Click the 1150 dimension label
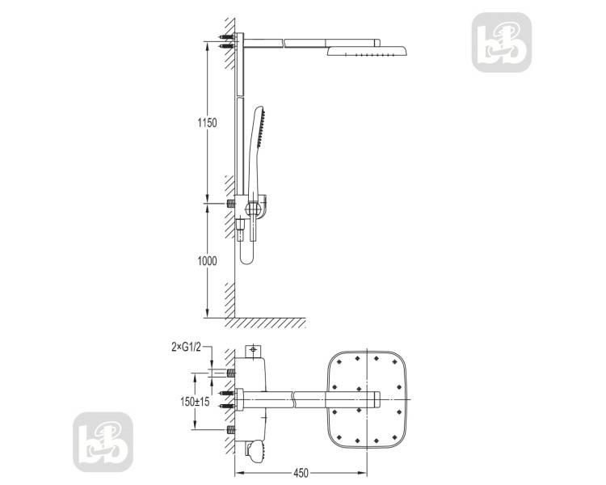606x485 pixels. tap(207, 123)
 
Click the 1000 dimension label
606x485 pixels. tap(207, 261)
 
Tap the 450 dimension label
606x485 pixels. tap(301, 473)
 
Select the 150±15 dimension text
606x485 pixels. tap(195, 402)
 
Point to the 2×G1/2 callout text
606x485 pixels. tap(187, 348)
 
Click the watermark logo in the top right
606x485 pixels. tap(502, 42)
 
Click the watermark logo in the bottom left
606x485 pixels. tap(103, 442)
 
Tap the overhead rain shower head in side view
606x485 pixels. tap(367, 51)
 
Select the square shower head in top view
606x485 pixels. tap(367, 400)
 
